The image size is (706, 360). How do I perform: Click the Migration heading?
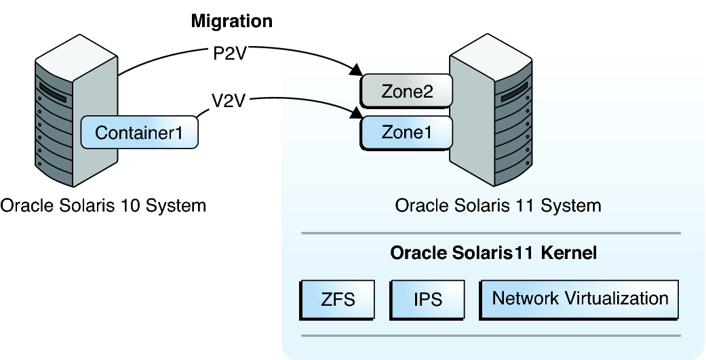[231, 21]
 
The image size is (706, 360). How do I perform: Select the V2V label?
[228, 102]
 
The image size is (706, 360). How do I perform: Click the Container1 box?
[139, 132]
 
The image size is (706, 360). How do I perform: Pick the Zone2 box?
[406, 92]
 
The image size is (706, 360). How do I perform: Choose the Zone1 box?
[406, 132]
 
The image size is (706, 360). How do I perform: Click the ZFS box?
[337, 299]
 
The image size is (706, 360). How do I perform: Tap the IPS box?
[428, 299]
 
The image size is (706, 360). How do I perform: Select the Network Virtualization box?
[580, 298]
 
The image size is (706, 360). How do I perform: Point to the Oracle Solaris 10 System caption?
[102, 204]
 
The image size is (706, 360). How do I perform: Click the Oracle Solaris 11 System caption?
[498, 204]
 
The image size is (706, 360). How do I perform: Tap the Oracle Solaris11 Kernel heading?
[493, 254]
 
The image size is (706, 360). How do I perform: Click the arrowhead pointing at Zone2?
[355, 70]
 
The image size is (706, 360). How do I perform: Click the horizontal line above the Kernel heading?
[490, 233]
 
